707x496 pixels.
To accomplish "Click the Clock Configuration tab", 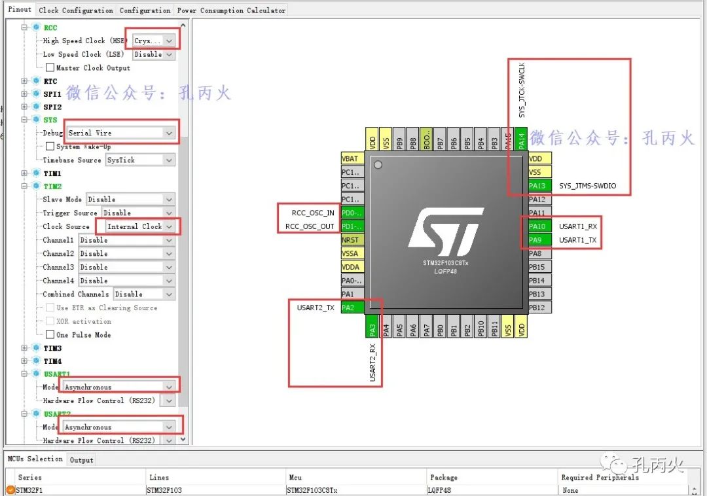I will pyautogui.click(x=75, y=10).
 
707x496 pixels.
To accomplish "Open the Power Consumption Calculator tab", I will pyautogui.click(x=231, y=10).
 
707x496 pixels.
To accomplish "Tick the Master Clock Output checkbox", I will pyautogui.click(x=50, y=68).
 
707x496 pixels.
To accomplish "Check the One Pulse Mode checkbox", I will pyautogui.click(x=50, y=335).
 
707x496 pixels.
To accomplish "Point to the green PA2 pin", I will pyautogui.click(x=352, y=308).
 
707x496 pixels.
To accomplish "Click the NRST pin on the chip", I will pyautogui.click(x=352, y=240).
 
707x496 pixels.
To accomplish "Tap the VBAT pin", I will pyautogui.click(x=352, y=158).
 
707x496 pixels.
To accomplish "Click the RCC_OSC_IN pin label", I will pyautogui.click(x=314, y=213).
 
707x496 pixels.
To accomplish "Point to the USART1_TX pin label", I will pyautogui.click(x=577, y=240).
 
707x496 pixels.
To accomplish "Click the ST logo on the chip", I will pyautogui.click(x=446, y=232).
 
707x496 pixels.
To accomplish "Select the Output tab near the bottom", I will pyautogui.click(x=82, y=460).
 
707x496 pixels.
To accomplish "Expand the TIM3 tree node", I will pyautogui.click(x=25, y=348).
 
